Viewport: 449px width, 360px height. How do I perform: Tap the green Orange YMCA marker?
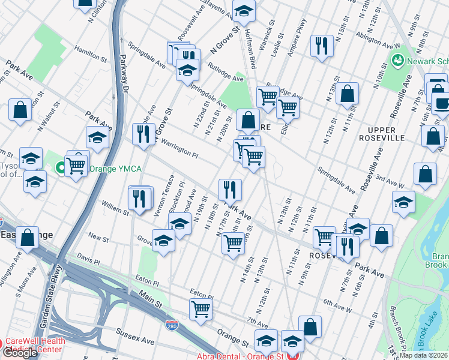point(61,169)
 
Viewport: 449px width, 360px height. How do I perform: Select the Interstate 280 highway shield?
point(171,325)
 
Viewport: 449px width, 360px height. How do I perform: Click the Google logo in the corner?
point(20,352)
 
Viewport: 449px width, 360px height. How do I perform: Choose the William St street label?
point(115,209)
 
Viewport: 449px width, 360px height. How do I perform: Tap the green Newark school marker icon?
point(397,61)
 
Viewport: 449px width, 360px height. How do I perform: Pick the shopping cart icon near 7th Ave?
point(200,308)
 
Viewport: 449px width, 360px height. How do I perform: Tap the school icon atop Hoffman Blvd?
point(244,11)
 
